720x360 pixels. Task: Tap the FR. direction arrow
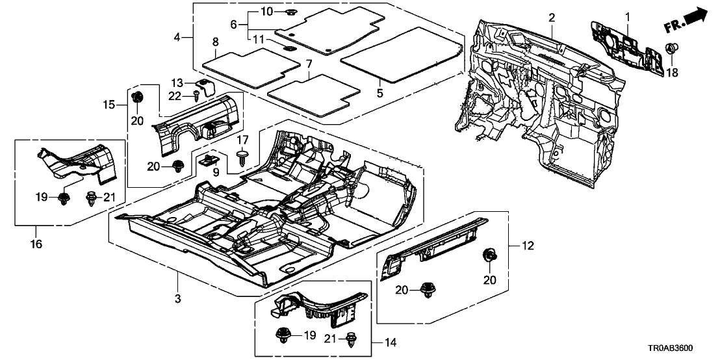pyautogui.click(x=688, y=19)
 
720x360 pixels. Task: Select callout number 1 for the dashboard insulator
pyautogui.click(x=628, y=16)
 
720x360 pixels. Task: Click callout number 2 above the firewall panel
pyautogui.click(x=551, y=17)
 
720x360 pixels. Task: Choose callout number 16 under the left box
pyautogui.click(x=36, y=244)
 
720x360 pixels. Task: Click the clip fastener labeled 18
pyautogui.click(x=673, y=49)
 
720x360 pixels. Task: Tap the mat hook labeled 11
pyautogui.click(x=289, y=47)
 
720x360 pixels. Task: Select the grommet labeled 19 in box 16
pyautogui.click(x=64, y=198)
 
